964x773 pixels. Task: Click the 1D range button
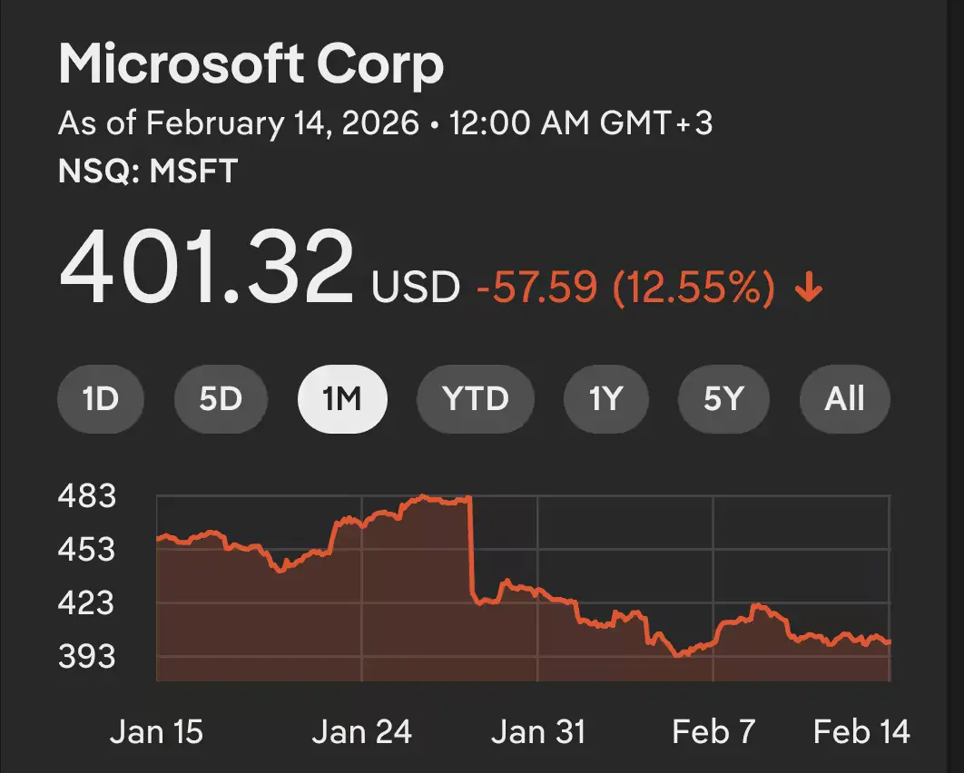coord(101,399)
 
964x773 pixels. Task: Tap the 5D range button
coord(221,399)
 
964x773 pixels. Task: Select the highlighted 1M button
coord(342,399)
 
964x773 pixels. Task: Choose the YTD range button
coord(475,399)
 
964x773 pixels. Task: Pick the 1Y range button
coord(605,399)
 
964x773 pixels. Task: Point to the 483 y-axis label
coord(87,496)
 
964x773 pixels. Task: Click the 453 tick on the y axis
coord(87,550)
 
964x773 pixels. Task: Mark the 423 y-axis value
coord(87,603)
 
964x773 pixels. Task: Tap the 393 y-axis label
coord(87,657)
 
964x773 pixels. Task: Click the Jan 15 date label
coord(157,731)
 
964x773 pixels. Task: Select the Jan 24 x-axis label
coord(361,731)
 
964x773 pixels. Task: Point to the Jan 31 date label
coord(537,731)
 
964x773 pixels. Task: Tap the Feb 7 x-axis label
coord(713,731)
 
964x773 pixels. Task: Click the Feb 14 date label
coord(861,731)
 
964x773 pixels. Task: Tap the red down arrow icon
coord(808,289)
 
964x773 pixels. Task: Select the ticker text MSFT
coord(192,171)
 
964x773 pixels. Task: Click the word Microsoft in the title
coord(180,65)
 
